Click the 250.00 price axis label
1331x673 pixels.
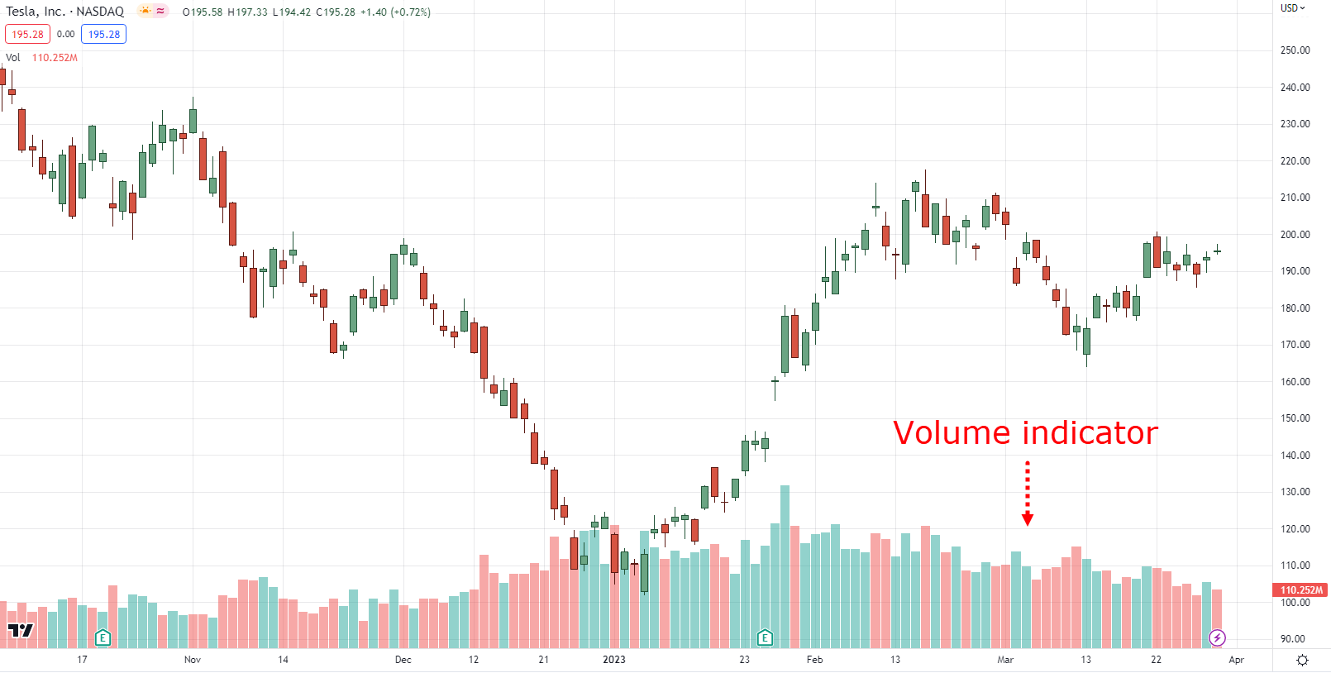pos(1295,50)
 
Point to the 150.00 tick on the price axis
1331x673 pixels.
pos(1295,418)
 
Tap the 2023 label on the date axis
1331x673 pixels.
pos(613,659)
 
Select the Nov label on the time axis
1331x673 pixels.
pos(193,659)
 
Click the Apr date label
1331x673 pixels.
pos(1237,659)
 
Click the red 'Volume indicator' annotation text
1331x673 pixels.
pos(1026,432)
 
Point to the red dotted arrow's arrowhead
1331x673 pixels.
pos(1028,520)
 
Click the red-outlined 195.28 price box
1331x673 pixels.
pos(28,34)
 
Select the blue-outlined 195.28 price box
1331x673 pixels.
pos(104,34)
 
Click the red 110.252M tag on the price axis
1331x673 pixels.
pos(1301,589)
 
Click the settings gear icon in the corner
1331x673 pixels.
pos(1303,660)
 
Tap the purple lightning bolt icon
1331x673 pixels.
pos(1217,638)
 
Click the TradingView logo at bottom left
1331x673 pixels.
pos(21,630)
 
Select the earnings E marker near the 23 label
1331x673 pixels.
pos(765,638)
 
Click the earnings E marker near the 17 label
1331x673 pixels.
pos(103,638)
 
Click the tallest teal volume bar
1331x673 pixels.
pos(785,566)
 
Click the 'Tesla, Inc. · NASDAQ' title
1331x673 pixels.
pos(64,12)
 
